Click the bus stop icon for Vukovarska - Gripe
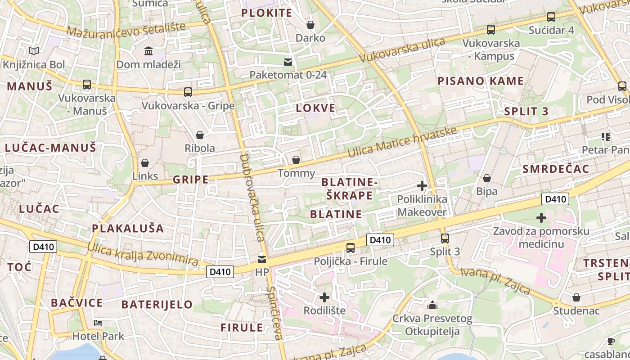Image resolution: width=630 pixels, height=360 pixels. coord(188,92)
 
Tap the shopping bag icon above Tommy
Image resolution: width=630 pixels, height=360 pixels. coord(296,160)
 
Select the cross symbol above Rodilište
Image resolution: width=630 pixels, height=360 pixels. coord(324,297)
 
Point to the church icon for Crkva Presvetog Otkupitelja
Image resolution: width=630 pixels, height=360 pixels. coord(432,306)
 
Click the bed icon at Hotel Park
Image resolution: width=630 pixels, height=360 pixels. coord(98,323)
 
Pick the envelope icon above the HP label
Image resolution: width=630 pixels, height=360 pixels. coord(261,260)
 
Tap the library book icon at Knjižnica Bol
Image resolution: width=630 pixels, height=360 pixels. coord(34,51)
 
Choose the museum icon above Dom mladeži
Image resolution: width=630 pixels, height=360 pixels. coord(148,51)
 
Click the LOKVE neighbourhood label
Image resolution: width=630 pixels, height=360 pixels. coord(316,108)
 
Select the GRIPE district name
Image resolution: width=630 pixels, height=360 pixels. coord(191,180)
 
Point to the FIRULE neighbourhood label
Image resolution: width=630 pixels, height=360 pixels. coord(242,328)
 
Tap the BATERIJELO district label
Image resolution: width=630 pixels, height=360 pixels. coord(157,305)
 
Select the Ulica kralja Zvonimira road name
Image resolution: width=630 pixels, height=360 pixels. coord(143,254)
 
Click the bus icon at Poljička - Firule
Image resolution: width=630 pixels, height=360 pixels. coord(350,247)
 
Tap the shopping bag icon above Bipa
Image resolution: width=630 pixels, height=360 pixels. coord(486,179)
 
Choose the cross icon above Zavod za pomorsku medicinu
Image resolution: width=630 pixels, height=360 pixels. coord(541,218)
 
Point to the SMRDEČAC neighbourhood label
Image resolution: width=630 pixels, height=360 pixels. coord(556,169)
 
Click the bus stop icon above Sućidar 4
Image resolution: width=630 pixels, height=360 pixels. coord(551,17)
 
